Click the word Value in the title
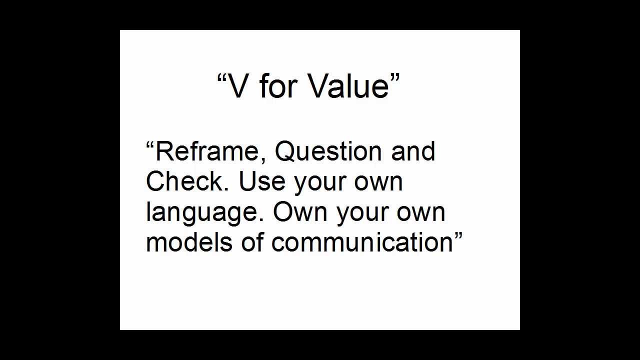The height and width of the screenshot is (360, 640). click(348, 85)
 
